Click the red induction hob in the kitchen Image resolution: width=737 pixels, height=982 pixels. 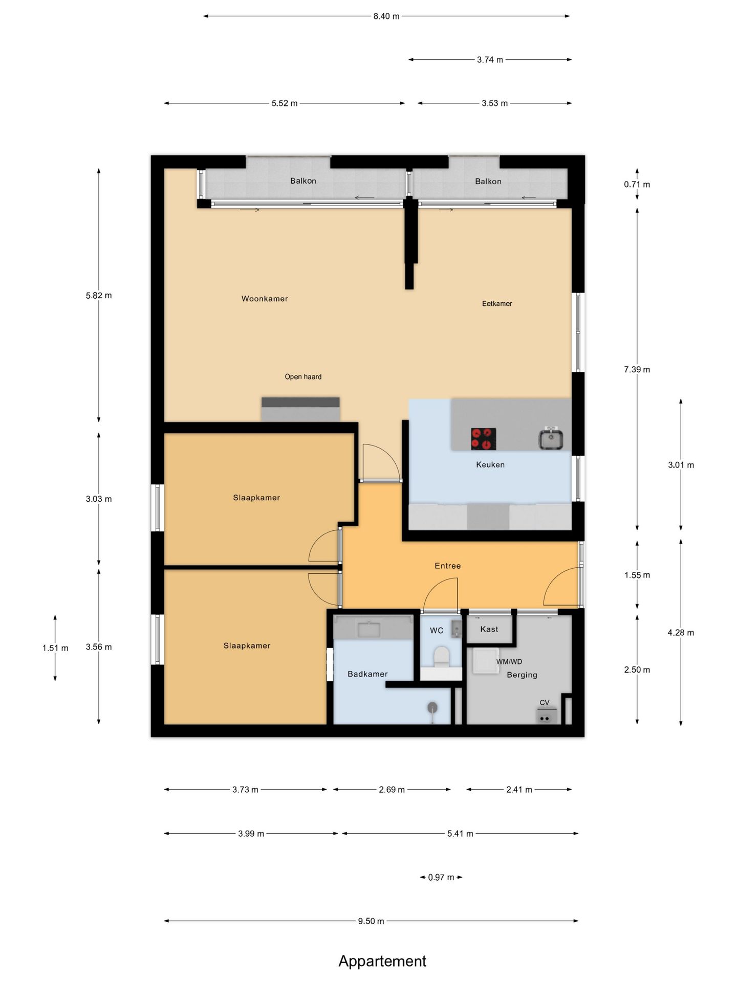[483, 439]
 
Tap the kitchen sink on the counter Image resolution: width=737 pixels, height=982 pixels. [551, 439]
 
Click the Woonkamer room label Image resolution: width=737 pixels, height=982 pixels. [265, 299]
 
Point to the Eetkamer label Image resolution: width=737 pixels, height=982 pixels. [497, 304]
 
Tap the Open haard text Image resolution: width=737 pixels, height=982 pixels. [303, 377]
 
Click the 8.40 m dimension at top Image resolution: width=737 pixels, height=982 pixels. [386, 16]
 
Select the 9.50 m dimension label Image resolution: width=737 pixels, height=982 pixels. [371, 921]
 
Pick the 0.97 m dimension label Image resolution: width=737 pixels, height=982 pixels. [441, 877]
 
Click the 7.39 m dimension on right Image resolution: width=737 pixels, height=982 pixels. [637, 369]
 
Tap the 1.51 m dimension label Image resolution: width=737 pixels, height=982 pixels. [55, 648]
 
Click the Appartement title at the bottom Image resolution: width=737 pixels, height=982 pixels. [382, 962]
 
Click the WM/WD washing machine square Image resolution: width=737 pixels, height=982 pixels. [486, 661]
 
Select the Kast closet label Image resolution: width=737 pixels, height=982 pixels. [489, 629]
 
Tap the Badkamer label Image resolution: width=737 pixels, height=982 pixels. [367, 674]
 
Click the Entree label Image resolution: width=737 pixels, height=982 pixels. [448, 566]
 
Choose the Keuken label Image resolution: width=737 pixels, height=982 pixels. [490, 465]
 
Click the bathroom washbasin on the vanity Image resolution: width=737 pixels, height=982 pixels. [368, 629]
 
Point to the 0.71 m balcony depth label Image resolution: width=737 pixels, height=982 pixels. [637, 185]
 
